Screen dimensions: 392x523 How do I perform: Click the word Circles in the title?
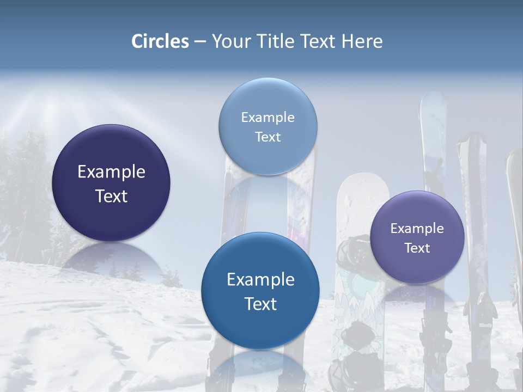click(x=160, y=41)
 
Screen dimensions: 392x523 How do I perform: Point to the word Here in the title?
click(x=362, y=41)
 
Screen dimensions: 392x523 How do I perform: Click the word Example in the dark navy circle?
click(x=111, y=172)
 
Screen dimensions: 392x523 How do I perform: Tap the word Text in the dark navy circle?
click(x=111, y=196)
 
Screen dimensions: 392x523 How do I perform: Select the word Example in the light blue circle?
click(x=267, y=117)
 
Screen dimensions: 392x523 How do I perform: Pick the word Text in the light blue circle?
click(x=267, y=137)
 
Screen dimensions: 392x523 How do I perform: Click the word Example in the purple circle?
click(x=417, y=228)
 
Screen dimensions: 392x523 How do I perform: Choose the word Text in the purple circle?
click(x=417, y=248)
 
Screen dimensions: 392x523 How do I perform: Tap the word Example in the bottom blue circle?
click(x=260, y=279)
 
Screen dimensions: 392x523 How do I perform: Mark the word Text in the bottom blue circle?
click(x=260, y=304)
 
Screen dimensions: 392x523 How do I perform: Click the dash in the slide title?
click(x=200, y=42)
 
